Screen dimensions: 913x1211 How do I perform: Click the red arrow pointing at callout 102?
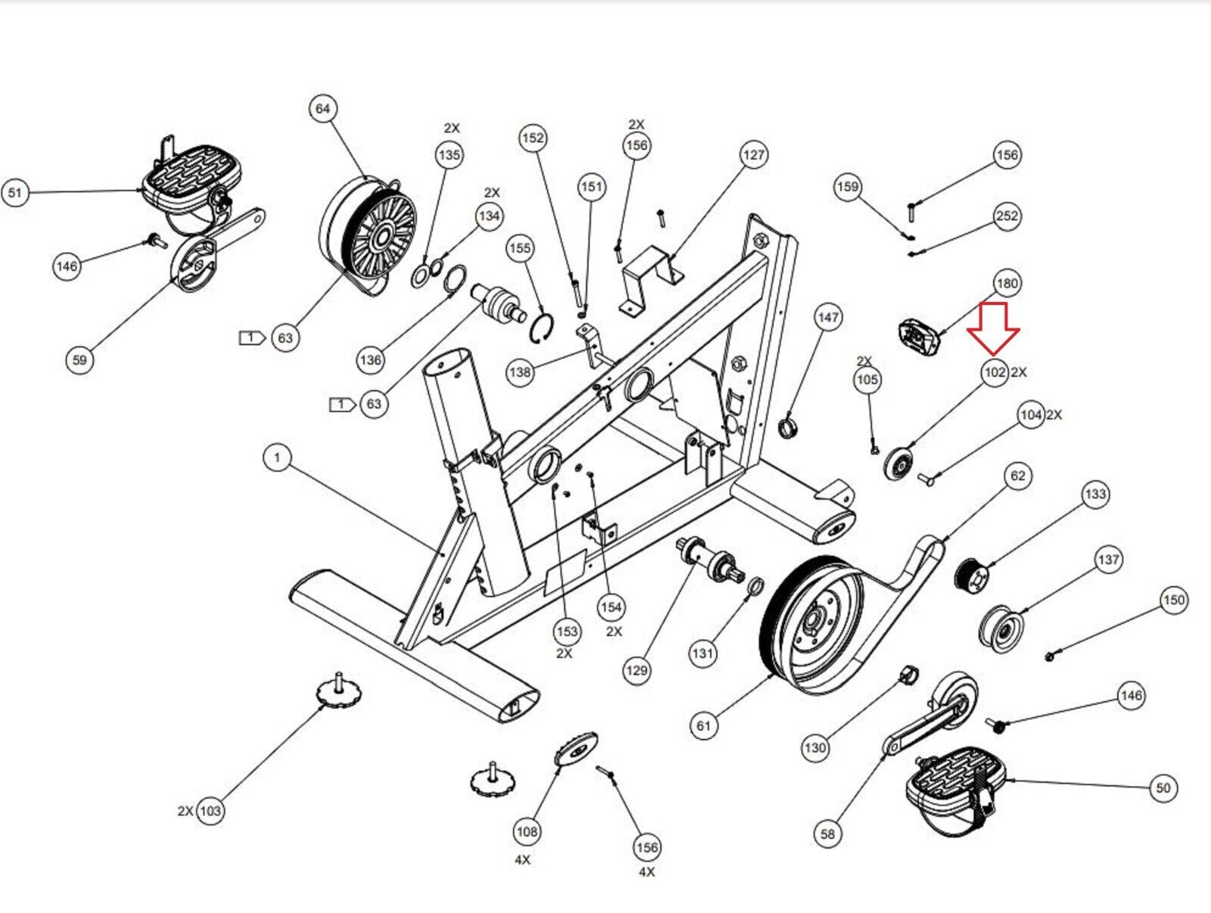pos(993,327)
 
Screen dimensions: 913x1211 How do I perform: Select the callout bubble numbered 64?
pos(323,109)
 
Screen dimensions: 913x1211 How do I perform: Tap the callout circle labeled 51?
pos(15,192)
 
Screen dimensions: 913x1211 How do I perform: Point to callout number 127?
pos(753,155)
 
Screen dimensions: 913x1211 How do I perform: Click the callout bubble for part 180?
pos(1007,284)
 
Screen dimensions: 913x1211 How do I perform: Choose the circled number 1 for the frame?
pos(277,457)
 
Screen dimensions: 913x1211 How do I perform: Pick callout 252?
pos(1007,217)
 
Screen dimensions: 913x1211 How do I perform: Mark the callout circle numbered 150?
pos(1173,600)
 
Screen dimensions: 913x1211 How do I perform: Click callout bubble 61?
pos(704,726)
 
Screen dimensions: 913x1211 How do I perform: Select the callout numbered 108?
pos(527,832)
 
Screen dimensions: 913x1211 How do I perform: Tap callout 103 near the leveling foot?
pos(210,811)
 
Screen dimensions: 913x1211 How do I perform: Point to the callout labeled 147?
pos(828,317)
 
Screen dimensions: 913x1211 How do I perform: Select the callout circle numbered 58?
pos(828,834)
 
